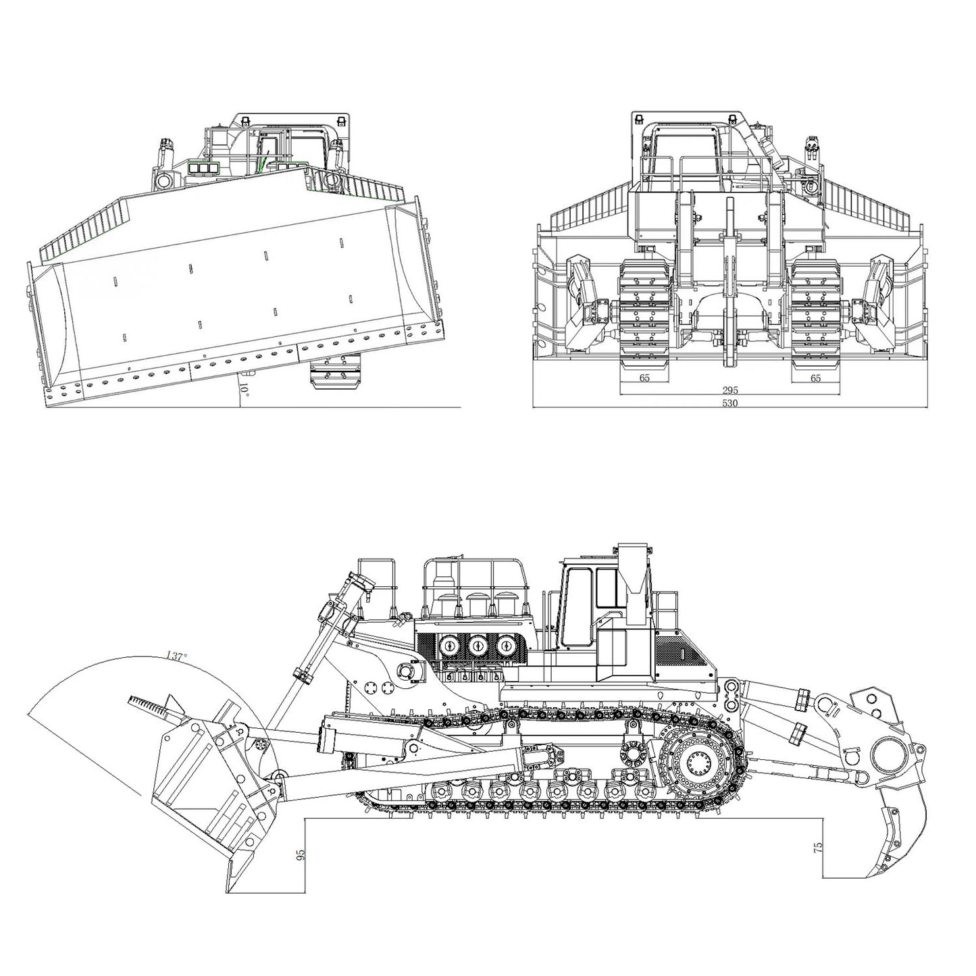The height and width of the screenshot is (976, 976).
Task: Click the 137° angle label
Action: click(x=176, y=656)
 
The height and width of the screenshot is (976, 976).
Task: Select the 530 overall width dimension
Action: click(x=729, y=403)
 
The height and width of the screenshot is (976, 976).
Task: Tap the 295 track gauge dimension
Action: click(x=729, y=390)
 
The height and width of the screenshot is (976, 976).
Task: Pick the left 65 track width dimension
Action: click(x=644, y=378)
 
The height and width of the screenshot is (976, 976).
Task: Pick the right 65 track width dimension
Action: click(x=815, y=378)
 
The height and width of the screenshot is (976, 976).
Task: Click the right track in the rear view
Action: click(x=815, y=311)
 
